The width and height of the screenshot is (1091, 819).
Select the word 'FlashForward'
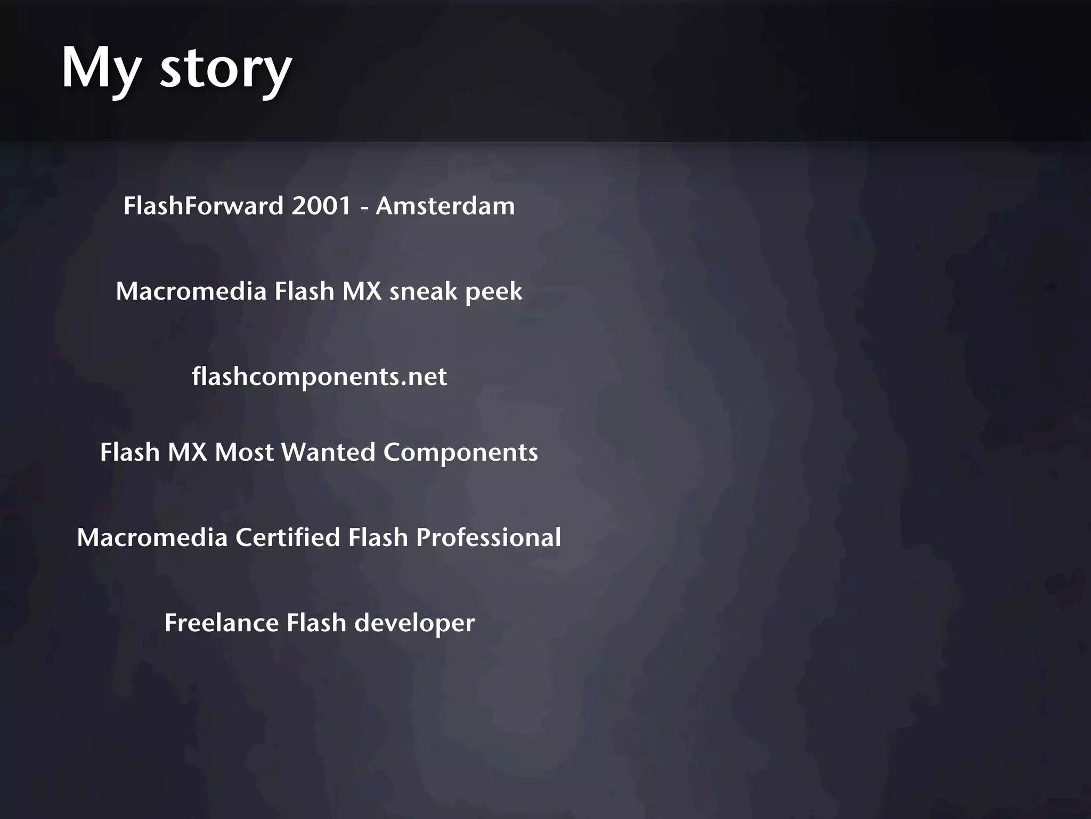(203, 206)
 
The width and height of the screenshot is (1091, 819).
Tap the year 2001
(321, 206)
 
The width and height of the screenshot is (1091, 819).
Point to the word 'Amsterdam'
(445, 206)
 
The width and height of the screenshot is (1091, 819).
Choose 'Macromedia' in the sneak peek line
(191, 291)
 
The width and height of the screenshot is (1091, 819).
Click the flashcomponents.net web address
(319, 377)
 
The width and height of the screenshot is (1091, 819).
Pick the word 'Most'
(244, 452)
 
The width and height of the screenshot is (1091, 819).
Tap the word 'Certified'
(288, 537)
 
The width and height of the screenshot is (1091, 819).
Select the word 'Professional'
(488, 537)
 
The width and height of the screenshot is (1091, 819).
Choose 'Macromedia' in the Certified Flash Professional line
(152, 537)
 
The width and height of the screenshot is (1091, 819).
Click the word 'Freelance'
(222, 623)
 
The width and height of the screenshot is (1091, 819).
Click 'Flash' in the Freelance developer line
(316, 623)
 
